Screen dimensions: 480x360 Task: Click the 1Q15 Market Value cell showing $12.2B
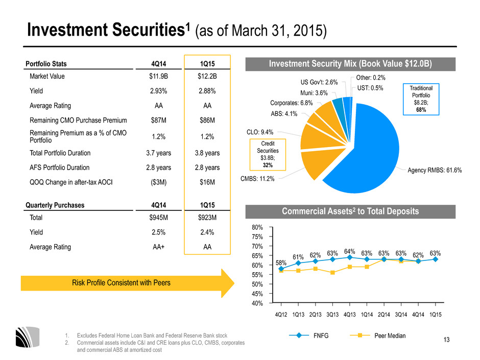[207, 76]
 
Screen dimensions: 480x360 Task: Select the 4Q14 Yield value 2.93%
[159, 91]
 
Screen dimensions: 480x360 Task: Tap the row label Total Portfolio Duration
[60, 153]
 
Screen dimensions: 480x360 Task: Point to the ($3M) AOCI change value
[159, 182]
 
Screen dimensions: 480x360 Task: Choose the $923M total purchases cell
[207, 218]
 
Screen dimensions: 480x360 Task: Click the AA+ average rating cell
[159, 247]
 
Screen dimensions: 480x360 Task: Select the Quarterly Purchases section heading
[55, 205]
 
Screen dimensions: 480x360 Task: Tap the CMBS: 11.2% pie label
[257, 179]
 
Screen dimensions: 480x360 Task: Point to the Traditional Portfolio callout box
[421, 99]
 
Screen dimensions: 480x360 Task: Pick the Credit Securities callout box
[268, 155]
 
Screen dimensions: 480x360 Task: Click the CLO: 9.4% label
[260, 132]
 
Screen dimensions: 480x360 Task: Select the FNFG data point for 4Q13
[350, 257]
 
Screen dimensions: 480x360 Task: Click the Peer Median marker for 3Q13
[332, 273]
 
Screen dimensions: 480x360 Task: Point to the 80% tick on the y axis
[257, 227]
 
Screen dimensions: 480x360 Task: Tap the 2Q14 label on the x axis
[384, 315]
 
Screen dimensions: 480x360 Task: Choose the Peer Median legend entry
[378, 335]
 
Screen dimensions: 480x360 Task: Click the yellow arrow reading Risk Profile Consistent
[127, 283]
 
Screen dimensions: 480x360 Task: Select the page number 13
[447, 340]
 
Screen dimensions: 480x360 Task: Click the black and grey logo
[28, 337]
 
